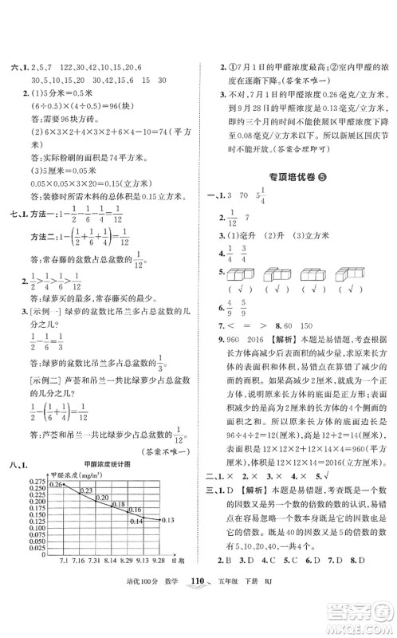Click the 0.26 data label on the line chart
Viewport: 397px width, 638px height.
click(x=55, y=484)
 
